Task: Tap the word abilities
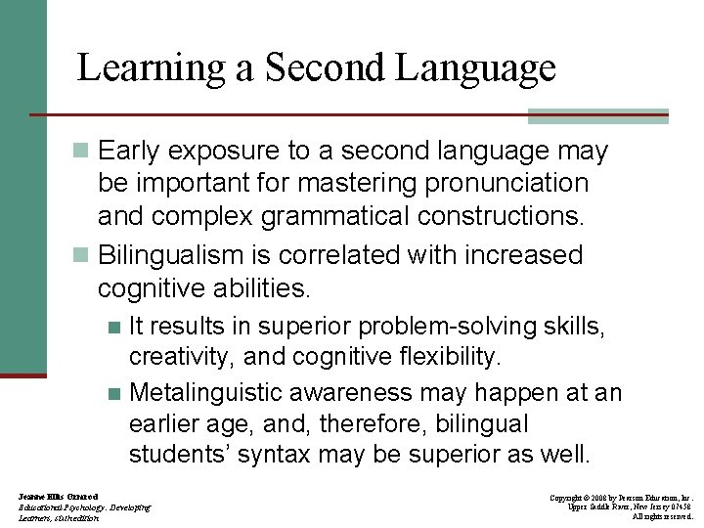[255, 288]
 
